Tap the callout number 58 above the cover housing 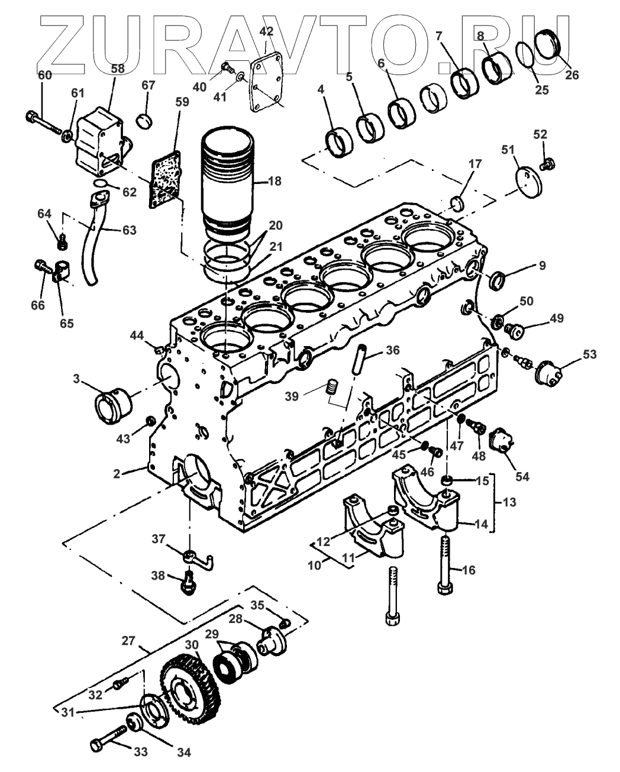click(118, 69)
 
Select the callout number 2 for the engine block click(117, 473)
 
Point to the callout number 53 click(589, 354)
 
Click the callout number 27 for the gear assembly click(128, 641)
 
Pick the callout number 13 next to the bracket click(509, 502)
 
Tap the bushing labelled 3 click(113, 406)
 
